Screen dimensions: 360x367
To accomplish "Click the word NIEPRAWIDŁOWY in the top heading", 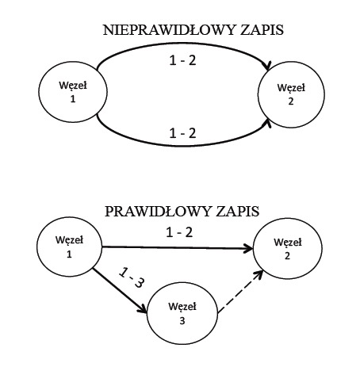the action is (170, 30).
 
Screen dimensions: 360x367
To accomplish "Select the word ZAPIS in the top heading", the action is (262, 30).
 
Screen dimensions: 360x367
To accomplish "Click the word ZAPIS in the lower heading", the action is (237, 212).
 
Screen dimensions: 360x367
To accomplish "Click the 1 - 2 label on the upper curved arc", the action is (182, 61).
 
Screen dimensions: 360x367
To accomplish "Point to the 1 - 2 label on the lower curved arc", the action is (182, 133).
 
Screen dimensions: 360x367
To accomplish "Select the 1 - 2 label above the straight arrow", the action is (179, 232).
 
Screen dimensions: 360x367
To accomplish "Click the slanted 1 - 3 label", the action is (132, 277).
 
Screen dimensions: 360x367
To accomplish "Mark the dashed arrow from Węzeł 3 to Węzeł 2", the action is (241, 292).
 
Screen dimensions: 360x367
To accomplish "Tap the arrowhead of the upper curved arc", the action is (268, 67).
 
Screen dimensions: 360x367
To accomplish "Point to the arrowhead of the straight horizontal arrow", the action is (248, 248).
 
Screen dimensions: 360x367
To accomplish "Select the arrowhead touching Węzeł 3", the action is (142, 308).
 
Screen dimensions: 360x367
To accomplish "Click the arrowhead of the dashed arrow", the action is (259, 275).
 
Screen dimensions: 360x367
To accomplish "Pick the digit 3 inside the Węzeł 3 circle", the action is (182, 321).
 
